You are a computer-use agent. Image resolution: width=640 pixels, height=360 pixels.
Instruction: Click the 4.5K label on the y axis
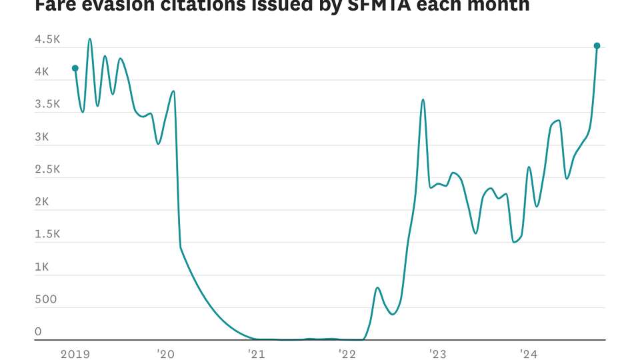(47, 40)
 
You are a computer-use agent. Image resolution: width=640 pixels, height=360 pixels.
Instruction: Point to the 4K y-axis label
(42, 72)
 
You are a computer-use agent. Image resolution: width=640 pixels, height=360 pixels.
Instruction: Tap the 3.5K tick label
(47, 105)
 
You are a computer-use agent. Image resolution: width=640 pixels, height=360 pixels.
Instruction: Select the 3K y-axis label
(42, 137)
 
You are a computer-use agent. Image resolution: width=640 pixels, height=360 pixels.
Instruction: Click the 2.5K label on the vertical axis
(47, 169)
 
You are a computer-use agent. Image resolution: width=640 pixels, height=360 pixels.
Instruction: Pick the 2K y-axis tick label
(42, 202)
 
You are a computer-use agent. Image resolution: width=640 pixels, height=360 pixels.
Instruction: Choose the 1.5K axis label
(47, 235)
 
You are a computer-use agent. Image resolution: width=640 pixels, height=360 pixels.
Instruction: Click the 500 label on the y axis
(45, 299)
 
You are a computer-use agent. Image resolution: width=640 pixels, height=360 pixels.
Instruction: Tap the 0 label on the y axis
(38, 332)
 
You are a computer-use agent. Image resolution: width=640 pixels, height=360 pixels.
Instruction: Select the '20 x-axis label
(165, 354)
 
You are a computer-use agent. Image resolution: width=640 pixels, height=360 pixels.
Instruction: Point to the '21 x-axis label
(257, 354)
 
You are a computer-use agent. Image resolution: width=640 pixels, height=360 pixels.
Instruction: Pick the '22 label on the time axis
(347, 354)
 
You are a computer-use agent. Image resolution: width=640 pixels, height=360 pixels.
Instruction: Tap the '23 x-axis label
(438, 354)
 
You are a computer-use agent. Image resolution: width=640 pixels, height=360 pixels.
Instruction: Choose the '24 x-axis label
(529, 354)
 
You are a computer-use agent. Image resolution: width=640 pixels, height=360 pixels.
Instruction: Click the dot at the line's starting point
(75, 68)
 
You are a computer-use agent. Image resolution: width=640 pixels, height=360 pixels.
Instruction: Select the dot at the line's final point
(597, 46)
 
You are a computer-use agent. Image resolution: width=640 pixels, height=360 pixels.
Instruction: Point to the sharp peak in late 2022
(423, 100)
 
